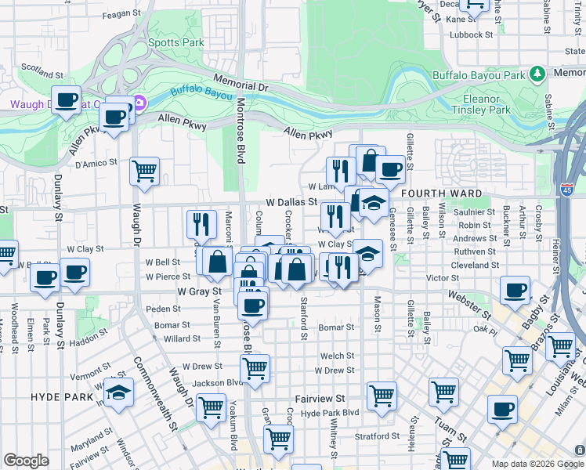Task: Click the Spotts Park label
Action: [x=176, y=42]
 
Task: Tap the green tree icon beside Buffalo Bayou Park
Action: [x=537, y=74]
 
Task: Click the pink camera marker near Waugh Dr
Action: [x=139, y=103]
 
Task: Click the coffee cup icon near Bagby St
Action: [x=515, y=291]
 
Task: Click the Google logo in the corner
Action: [x=26, y=461]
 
